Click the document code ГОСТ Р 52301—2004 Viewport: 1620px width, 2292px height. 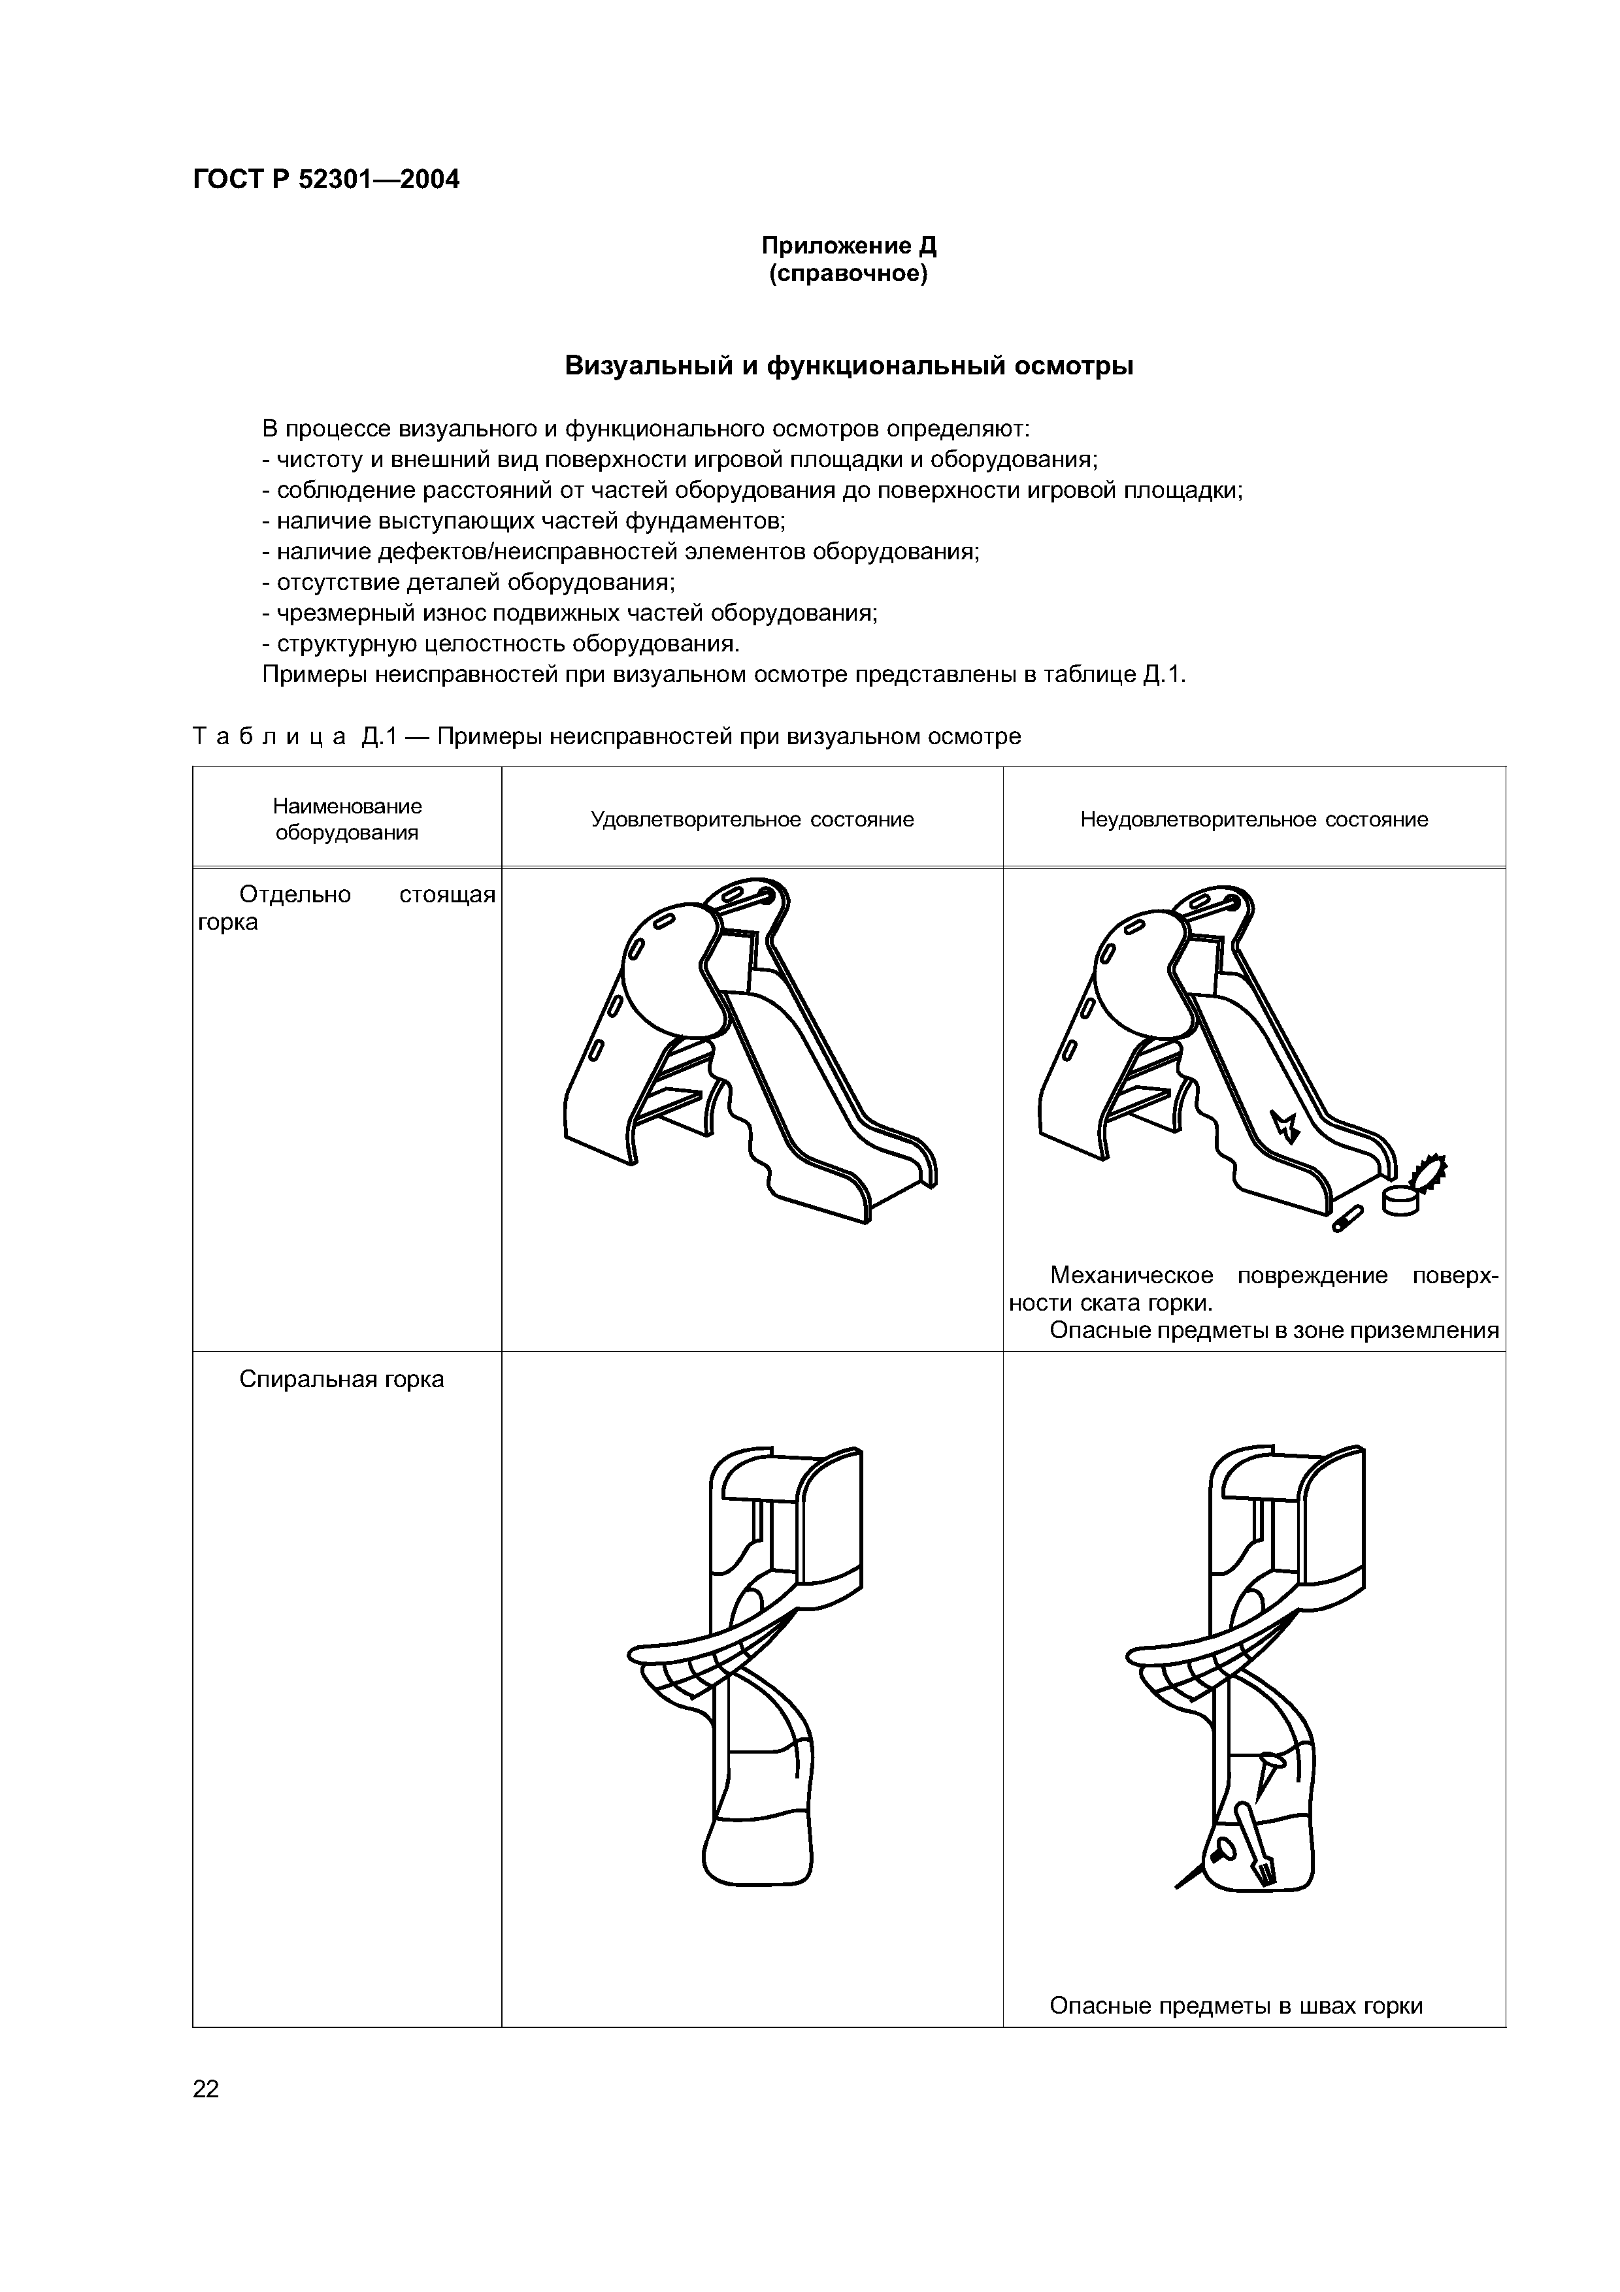(326, 180)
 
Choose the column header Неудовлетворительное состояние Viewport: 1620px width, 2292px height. (1253, 819)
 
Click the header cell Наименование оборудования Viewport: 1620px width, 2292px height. (348, 819)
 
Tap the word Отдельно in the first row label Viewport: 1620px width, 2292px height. (295, 894)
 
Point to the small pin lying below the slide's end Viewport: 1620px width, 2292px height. (1347, 1218)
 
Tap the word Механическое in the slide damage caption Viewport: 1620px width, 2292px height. (1132, 1276)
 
